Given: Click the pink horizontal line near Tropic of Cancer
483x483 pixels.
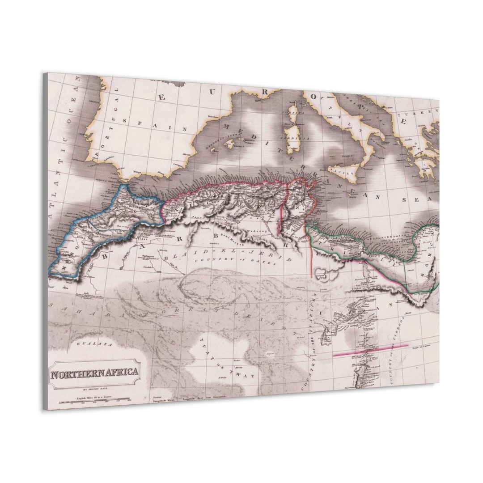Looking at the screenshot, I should click(370, 350).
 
